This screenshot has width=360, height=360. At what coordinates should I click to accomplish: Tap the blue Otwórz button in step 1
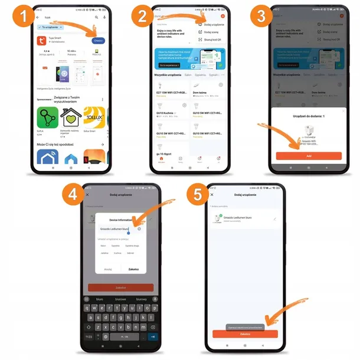pos(98,40)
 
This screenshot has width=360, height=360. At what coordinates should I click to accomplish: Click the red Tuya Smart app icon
pos(42,41)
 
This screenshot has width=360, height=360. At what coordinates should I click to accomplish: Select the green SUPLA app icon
pos(47,117)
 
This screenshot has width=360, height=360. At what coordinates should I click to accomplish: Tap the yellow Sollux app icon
pos(94,117)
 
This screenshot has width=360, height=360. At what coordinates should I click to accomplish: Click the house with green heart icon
pos(70,117)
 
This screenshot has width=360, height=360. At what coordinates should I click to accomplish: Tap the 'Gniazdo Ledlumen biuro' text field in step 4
pos(116,228)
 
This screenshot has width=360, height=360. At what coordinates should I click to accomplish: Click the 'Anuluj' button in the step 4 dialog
pos(108,269)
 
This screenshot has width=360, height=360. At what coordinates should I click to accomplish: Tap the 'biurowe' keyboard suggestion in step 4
pos(121,299)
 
